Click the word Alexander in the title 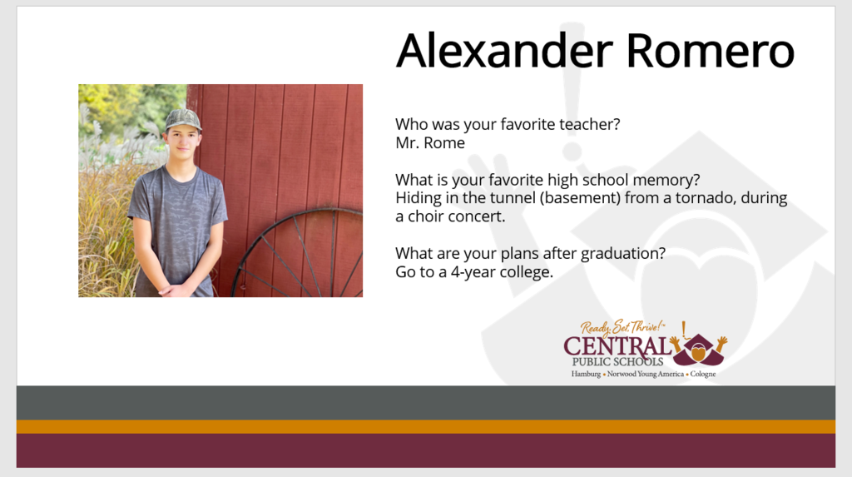[504, 50]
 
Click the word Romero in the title [711, 50]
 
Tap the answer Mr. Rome [430, 143]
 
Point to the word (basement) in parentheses [580, 198]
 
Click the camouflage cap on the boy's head [183, 120]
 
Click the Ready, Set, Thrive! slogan [622, 327]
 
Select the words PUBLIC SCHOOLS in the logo [618, 361]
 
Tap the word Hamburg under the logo [586, 375]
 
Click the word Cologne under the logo [703, 375]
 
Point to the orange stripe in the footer [426, 426]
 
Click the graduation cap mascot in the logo [699, 348]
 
